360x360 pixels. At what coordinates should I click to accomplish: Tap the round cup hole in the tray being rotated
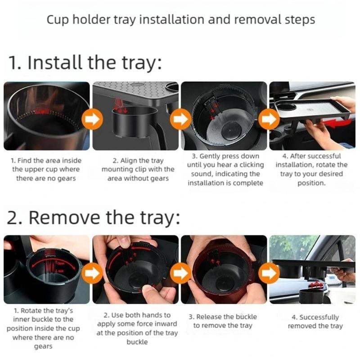[x=288, y=107]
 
